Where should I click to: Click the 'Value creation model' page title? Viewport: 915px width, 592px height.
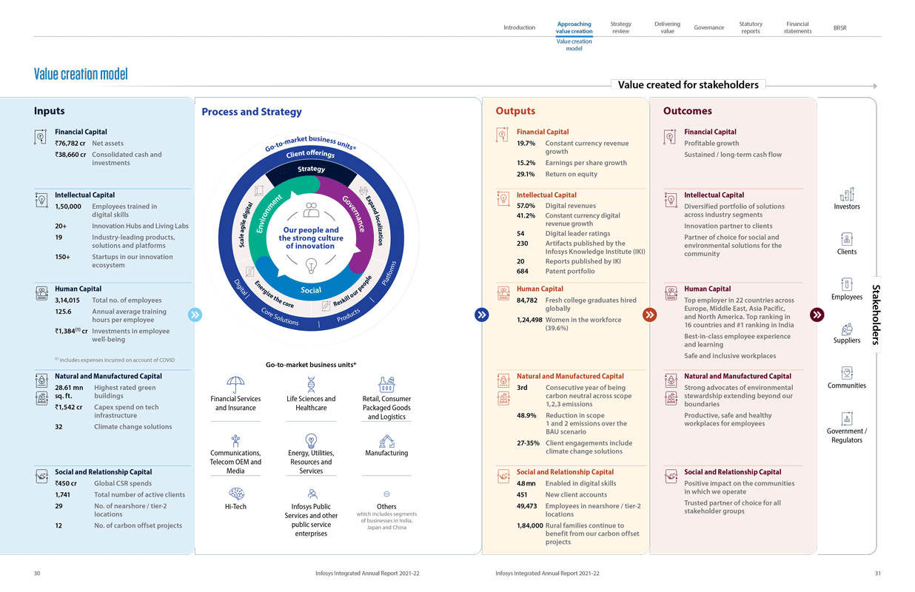click(81, 74)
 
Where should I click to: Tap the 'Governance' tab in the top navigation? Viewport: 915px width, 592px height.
click(708, 27)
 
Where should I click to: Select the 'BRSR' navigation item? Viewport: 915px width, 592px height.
click(839, 27)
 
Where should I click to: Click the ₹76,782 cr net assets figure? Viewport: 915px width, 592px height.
click(70, 143)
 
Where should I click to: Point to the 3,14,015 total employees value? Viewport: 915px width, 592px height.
click(67, 300)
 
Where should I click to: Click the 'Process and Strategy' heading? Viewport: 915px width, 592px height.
click(252, 112)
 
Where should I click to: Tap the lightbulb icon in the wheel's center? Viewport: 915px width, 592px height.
click(311, 264)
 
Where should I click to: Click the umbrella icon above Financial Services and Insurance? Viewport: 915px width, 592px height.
click(235, 385)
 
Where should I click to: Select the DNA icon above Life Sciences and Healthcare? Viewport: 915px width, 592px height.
click(311, 384)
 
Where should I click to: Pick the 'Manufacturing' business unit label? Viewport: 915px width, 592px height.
click(386, 453)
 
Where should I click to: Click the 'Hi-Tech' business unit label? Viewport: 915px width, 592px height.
click(235, 507)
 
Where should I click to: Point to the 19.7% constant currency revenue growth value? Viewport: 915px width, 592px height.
click(526, 144)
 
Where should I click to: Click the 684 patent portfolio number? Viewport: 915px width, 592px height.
click(522, 272)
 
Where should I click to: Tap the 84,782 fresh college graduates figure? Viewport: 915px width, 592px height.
click(526, 300)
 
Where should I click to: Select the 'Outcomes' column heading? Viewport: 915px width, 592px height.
click(687, 112)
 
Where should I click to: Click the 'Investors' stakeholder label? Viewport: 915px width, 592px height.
click(847, 206)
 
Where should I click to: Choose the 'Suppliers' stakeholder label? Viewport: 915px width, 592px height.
click(847, 340)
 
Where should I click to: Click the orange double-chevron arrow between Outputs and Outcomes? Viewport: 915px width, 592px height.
click(649, 314)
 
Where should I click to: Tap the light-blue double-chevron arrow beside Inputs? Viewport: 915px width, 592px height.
click(195, 314)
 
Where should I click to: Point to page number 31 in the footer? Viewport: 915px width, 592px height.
click(877, 573)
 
